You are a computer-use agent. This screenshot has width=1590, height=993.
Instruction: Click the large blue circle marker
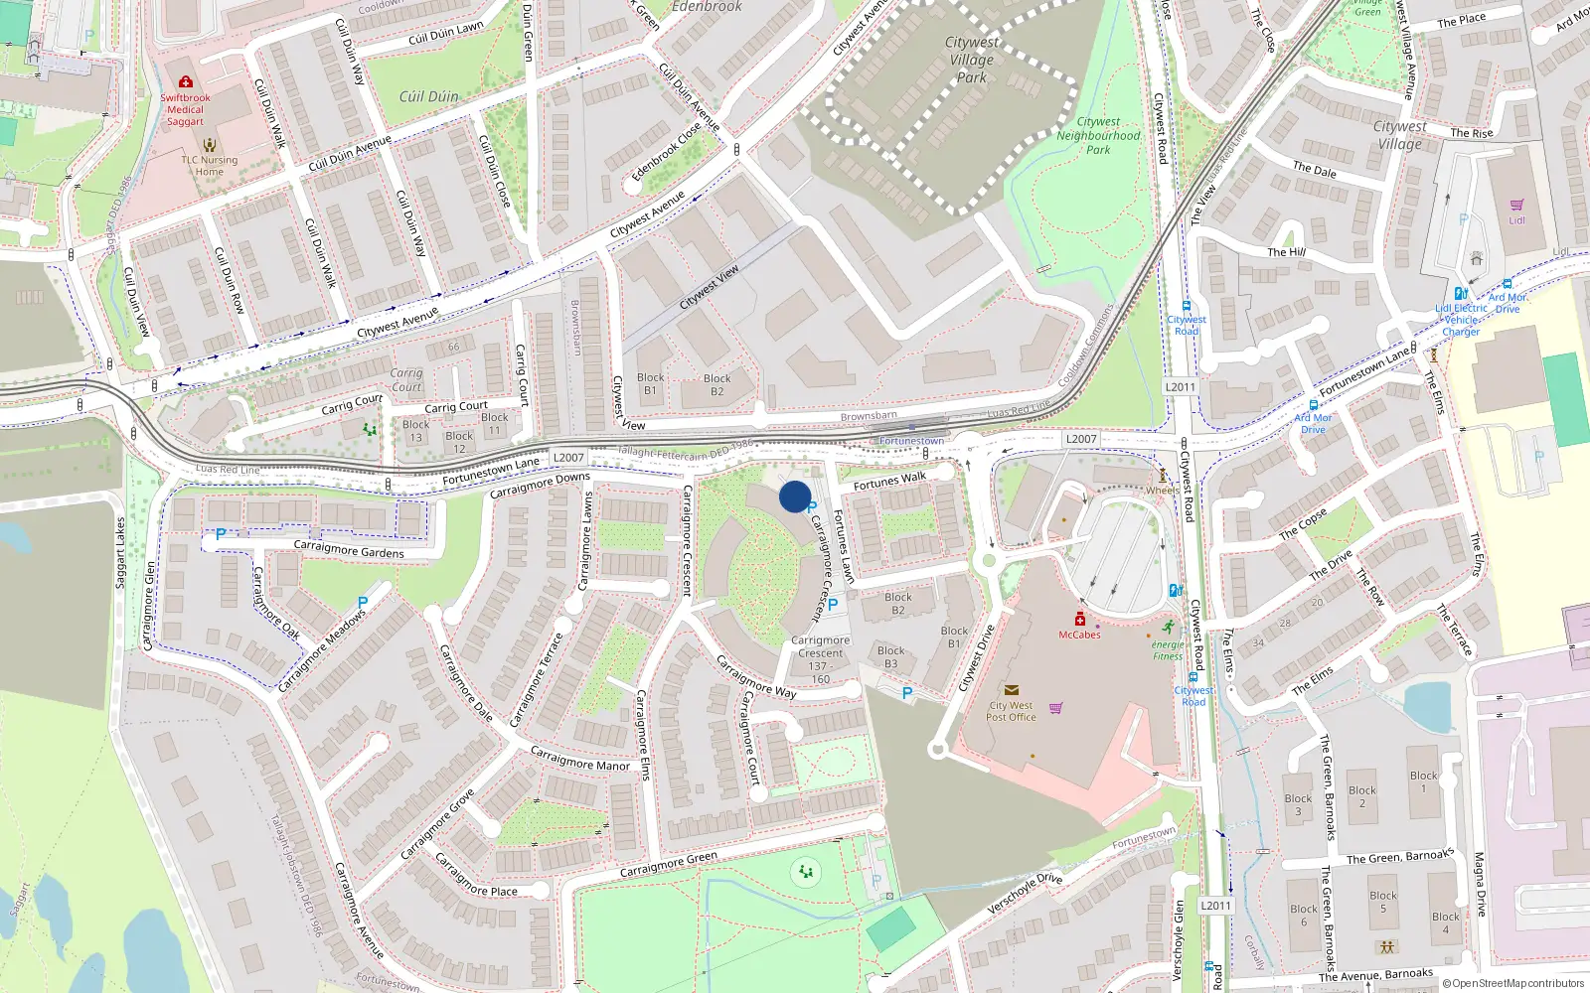795,496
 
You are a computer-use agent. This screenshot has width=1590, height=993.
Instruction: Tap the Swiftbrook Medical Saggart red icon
185,82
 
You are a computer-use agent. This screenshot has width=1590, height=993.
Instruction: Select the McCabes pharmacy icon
1079,620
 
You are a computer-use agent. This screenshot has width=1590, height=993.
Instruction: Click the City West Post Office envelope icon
1011,690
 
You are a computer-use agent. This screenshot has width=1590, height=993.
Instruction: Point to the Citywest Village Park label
971,60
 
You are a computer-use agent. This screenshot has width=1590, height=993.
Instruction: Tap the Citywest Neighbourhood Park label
1098,136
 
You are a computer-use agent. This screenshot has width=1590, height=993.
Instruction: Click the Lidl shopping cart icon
1516,205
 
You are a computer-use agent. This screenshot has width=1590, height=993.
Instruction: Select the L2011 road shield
1181,387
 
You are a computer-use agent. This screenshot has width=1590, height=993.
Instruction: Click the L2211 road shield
1215,906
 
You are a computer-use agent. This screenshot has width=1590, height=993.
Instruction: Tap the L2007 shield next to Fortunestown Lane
568,458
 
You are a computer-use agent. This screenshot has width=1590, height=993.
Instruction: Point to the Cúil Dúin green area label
428,96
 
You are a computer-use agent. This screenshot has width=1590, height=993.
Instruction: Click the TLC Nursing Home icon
209,144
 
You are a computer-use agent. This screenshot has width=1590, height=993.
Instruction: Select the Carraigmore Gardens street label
349,549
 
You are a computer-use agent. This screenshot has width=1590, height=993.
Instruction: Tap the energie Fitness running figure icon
1169,627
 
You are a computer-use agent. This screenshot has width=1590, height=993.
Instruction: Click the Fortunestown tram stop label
911,441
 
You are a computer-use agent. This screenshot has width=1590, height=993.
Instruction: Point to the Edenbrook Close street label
666,152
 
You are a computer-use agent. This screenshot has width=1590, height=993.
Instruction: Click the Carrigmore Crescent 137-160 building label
820,659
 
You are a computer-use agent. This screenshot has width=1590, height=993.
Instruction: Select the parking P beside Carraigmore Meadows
363,603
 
